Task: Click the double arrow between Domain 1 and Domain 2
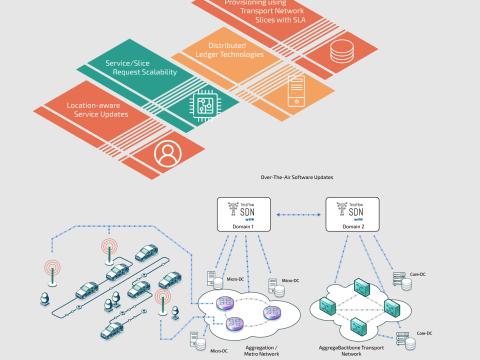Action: [296, 214]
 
